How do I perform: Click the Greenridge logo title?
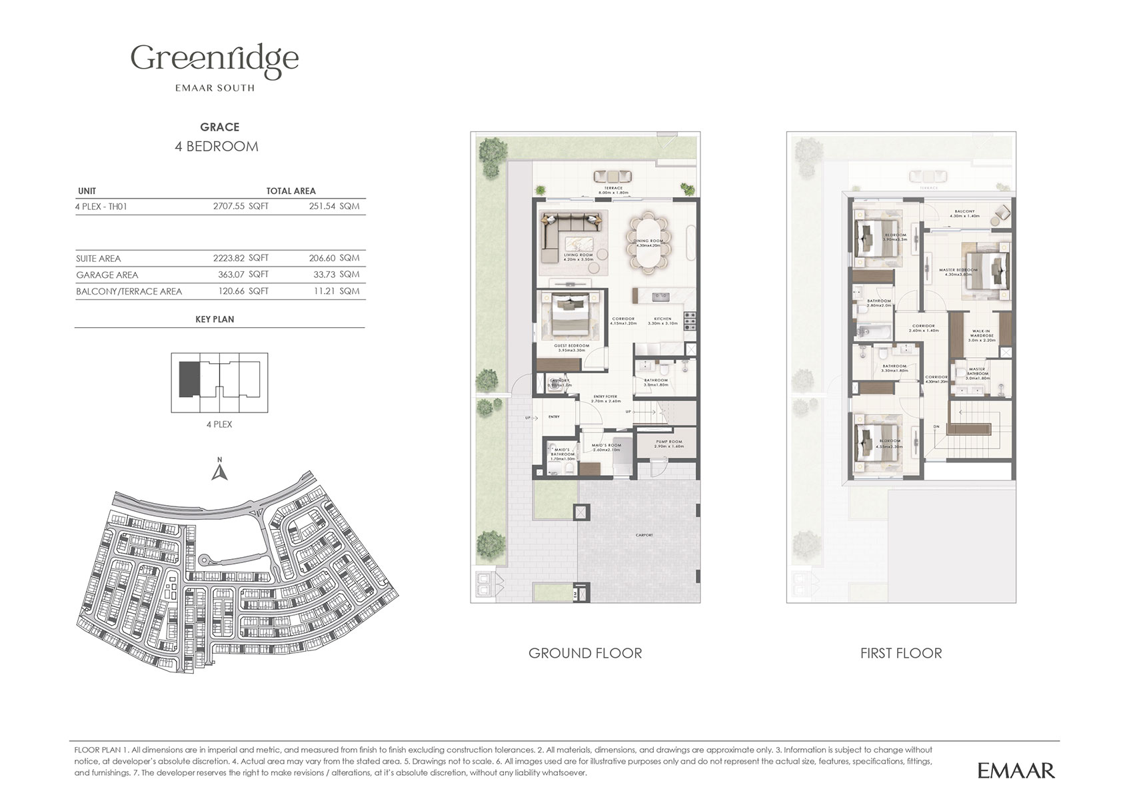[215, 59]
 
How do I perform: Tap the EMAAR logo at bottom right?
[1016, 770]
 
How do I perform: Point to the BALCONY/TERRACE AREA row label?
[129, 291]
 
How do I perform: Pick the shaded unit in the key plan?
[189, 379]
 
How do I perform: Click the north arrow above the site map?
[219, 470]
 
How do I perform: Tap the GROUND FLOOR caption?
[584, 653]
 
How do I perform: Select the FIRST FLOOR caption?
[900, 653]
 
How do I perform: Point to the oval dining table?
[648, 243]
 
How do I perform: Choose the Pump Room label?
[668, 444]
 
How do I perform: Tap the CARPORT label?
[644, 535]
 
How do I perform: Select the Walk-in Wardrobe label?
[981, 335]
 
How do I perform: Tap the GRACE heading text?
[219, 127]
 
